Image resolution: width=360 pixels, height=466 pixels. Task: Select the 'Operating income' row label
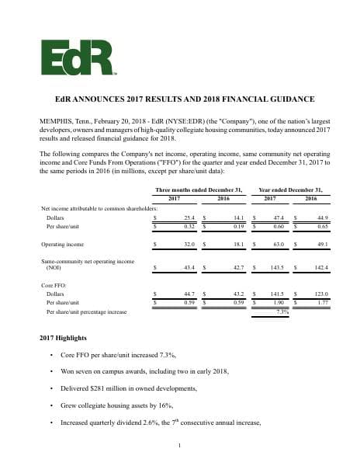click(62, 244)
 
